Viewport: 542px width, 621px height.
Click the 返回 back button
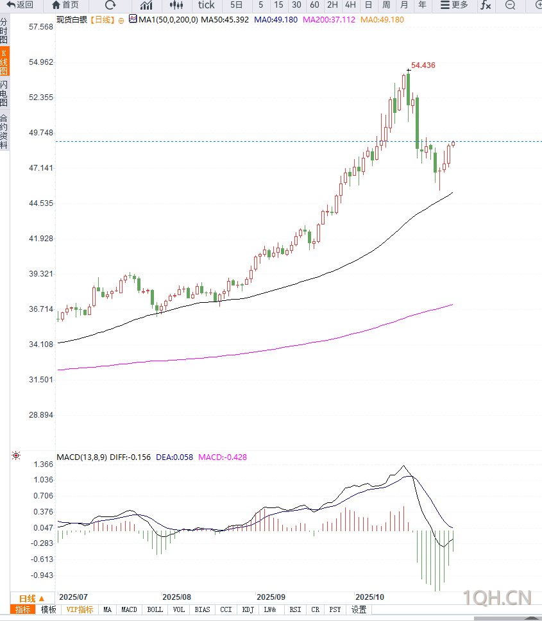[20, 5]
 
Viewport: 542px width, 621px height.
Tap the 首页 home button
[65, 5]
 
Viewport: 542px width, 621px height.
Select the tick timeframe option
[206, 5]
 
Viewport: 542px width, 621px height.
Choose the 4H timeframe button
[350, 5]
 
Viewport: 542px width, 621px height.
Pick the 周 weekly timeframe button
[386, 5]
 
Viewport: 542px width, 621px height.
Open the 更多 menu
[454, 5]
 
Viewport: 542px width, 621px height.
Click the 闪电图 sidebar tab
[4, 94]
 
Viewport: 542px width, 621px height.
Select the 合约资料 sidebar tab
[4, 132]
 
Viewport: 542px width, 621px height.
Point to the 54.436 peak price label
[423, 65]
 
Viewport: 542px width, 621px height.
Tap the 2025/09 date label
[270, 596]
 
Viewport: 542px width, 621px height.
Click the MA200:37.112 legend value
[329, 20]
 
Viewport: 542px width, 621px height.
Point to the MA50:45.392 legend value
[224, 20]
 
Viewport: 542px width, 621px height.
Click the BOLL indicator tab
[155, 609]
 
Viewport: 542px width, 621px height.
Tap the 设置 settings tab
[359, 609]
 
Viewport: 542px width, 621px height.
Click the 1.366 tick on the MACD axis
[44, 464]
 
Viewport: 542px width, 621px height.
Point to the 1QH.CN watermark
[497, 598]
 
